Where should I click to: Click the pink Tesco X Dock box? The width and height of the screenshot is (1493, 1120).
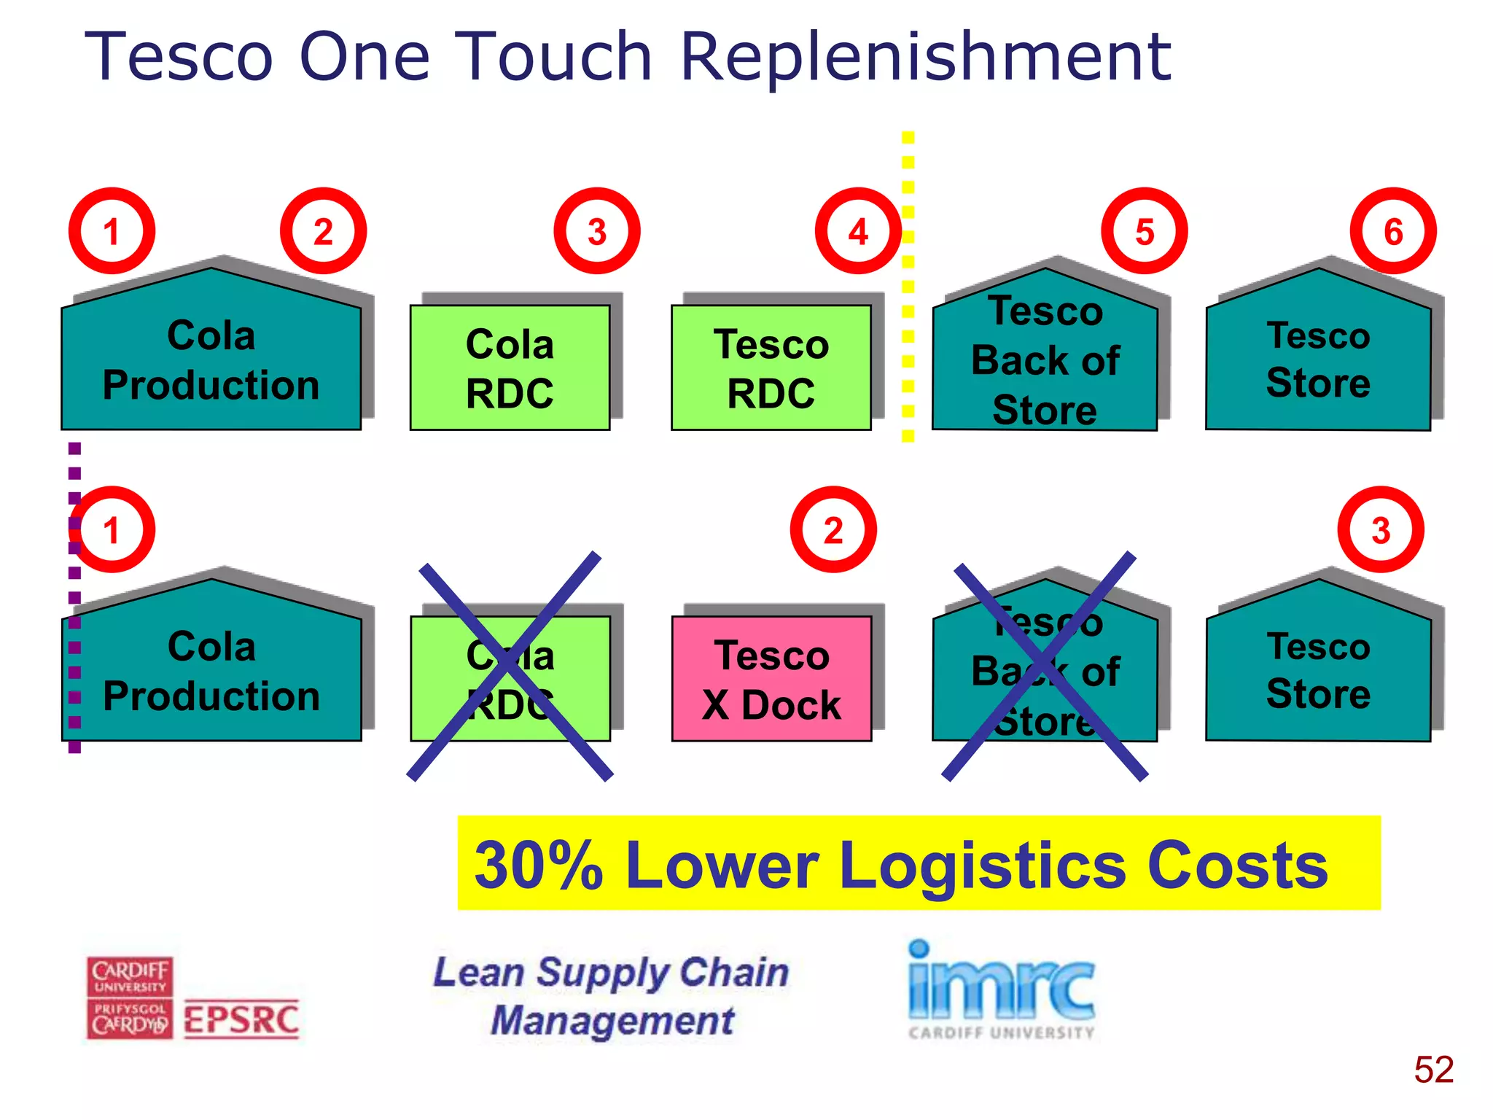tap(771, 679)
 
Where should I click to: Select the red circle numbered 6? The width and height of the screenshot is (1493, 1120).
tap(1393, 231)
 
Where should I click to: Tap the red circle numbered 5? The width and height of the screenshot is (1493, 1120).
tap(1144, 231)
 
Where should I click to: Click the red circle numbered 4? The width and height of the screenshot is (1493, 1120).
tap(858, 231)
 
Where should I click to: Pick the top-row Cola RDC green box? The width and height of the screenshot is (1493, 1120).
tap(510, 367)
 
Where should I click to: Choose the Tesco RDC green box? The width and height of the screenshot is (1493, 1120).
tap(771, 367)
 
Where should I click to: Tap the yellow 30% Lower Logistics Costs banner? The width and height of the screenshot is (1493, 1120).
tap(919, 863)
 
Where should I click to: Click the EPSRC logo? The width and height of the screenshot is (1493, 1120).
tap(241, 1019)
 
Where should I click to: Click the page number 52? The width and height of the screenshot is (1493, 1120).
tap(1433, 1070)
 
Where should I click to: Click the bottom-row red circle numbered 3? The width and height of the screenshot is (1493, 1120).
tap(1380, 529)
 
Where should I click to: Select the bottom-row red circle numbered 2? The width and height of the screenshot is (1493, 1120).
tap(833, 529)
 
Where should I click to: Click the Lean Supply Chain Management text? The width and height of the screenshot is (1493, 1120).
tap(611, 996)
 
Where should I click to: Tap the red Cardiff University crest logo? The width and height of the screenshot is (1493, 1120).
tap(130, 997)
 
